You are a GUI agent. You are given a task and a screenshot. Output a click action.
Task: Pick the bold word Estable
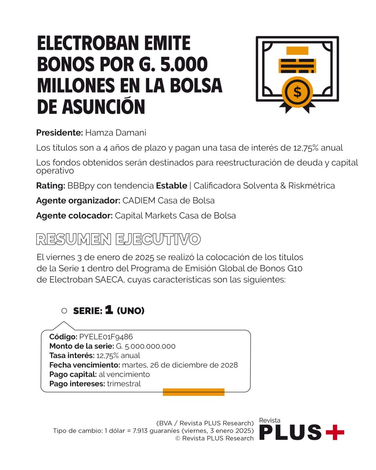pos(172,186)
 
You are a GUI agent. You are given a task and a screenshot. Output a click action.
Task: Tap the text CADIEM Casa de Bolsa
pos(168,201)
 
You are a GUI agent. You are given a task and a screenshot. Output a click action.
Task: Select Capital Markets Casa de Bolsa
pos(175,216)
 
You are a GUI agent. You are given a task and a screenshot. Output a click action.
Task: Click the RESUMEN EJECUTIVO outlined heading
pos(118,239)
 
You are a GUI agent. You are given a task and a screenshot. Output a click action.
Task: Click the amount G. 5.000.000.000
pos(145,346)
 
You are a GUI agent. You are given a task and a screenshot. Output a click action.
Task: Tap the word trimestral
pos(124,384)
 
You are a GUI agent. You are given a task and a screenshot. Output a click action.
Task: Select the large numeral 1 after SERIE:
pos(109,310)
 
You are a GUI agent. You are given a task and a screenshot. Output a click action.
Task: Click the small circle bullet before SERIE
pos(64,311)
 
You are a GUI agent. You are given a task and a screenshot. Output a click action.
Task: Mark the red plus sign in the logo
pos(335,432)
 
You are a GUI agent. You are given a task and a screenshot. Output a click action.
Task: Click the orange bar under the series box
pos(193,392)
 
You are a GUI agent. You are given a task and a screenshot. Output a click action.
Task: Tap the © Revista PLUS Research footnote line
pos(215,438)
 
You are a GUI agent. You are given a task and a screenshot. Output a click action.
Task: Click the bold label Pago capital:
pos(73,374)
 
